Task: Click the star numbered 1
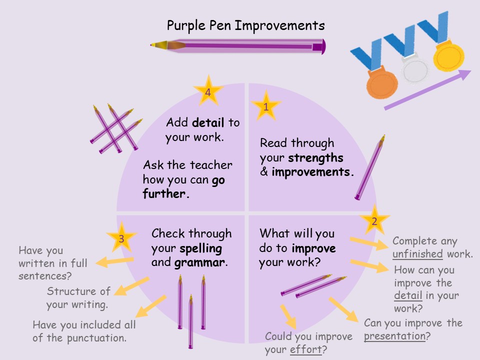[265, 106]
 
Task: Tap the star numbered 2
[374, 220]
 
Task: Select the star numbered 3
[121, 238]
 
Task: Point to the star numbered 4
[208, 91]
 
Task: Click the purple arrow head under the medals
[464, 74]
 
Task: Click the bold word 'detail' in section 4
[208, 122]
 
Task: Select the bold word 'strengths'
[315, 158]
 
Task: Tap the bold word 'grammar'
[199, 262]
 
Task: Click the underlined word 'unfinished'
[417, 254]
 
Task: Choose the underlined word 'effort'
[306, 349]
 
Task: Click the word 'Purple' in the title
[186, 25]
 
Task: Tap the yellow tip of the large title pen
[153, 45]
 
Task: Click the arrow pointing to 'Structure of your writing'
[131, 286]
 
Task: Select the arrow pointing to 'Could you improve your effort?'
[288, 316]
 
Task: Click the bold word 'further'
[166, 194]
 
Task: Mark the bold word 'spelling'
[201, 249]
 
